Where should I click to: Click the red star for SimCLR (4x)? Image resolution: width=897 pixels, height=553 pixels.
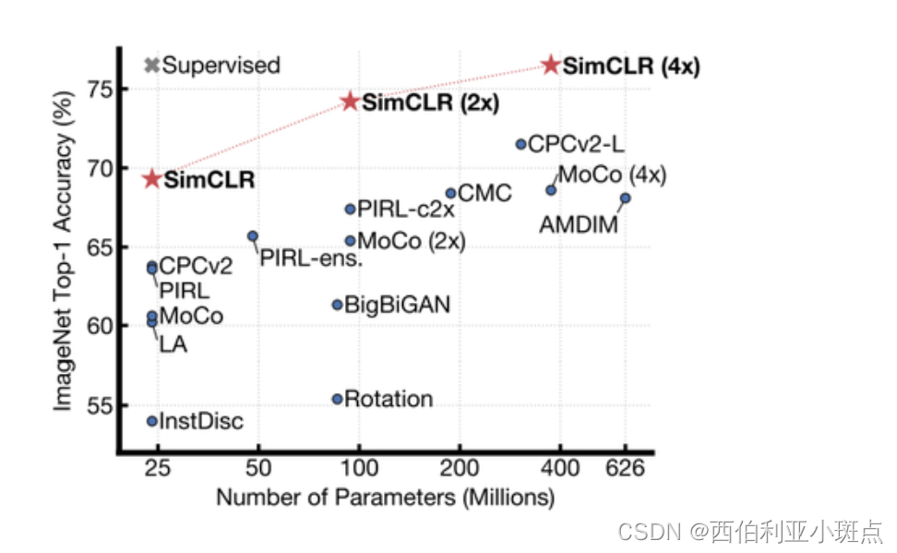point(551,65)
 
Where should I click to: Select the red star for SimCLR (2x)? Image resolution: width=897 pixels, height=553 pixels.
point(350,101)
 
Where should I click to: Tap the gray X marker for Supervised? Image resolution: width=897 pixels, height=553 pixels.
point(152,66)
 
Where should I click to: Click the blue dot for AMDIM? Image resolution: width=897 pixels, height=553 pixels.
point(625,198)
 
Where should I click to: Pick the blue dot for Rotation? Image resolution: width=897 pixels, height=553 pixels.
point(338,399)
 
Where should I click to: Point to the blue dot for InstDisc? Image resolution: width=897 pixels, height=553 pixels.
point(152,421)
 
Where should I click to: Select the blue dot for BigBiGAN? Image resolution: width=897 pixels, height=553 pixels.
point(338,305)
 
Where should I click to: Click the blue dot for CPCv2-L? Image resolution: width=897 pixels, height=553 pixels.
point(520,144)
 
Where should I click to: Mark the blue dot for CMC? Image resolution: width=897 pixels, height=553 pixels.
point(450,193)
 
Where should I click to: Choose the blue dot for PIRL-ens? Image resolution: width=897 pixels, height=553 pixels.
point(252,236)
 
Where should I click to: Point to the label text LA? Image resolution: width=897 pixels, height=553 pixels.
point(173,345)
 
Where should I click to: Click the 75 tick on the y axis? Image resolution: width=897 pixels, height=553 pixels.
point(96,90)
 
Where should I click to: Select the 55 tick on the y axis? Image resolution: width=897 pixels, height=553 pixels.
point(96,405)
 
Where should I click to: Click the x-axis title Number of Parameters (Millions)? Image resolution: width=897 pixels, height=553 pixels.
point(385,499)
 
